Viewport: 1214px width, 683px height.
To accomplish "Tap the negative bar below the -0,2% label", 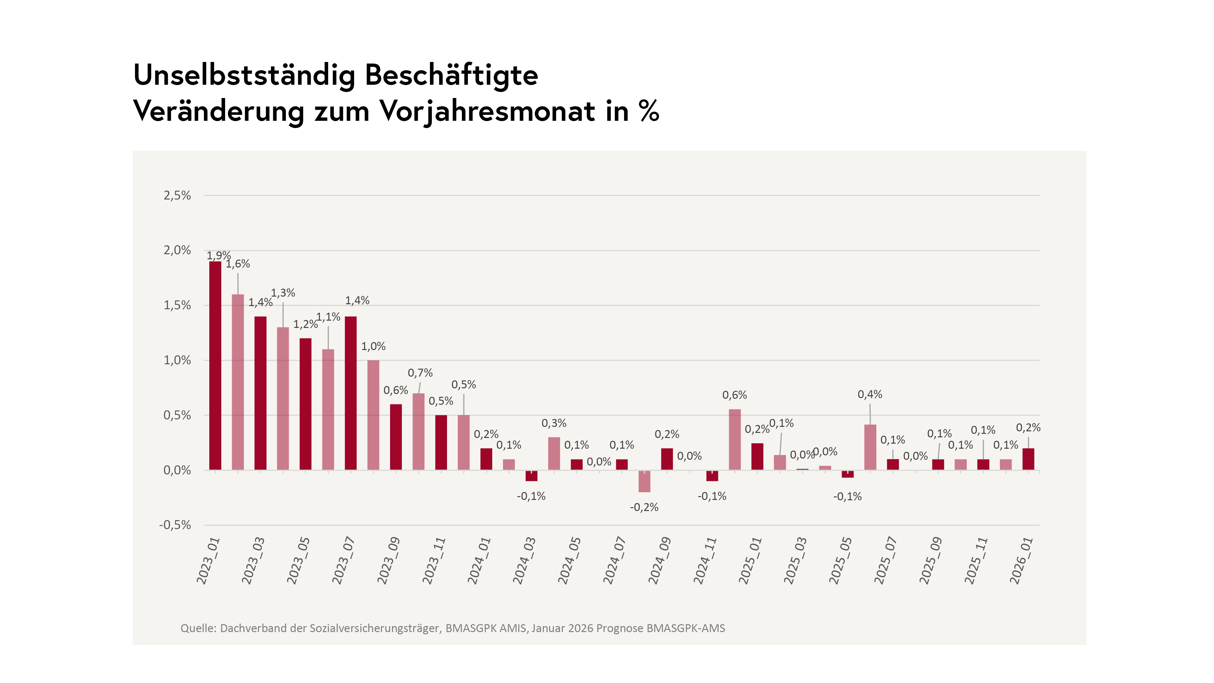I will [x=644, y=481].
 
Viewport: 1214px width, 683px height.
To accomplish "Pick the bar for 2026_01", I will [x=1028, y=459].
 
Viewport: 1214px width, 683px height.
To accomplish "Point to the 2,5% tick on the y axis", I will [x=177, y=196].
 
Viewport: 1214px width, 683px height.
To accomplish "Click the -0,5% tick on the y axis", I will [x=175, y=525].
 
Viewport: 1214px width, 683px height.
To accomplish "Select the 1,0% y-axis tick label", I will [x=177, y=360].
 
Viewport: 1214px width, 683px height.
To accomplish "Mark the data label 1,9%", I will [x=219, y=255].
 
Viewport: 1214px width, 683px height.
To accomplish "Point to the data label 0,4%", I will [x=870, y=395].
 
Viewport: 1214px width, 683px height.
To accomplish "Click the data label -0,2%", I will [x=644, y=507].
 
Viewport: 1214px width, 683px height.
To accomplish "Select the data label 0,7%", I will [x=420, y=373].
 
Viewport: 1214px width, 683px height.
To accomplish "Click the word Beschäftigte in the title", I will [x=451, y=76].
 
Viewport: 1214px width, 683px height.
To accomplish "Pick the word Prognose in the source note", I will [x=620, y=628].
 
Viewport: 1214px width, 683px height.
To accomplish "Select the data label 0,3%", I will [x=554, y=423].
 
